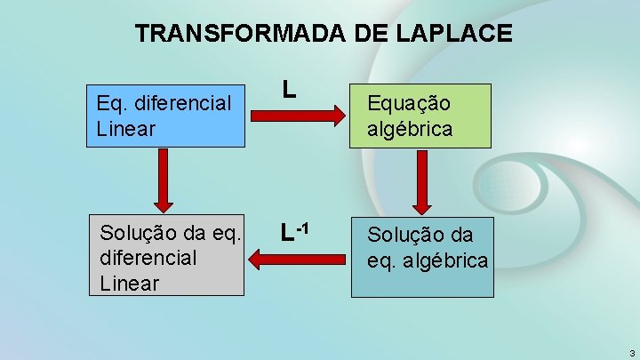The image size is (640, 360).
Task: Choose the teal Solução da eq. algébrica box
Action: click(x=421, y=258)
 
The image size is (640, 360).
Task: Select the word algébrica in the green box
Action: click(x=410, y=129)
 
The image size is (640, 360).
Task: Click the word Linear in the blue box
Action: click(x=125, y=129)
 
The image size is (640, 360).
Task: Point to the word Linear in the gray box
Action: click(x=130, y=283)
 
